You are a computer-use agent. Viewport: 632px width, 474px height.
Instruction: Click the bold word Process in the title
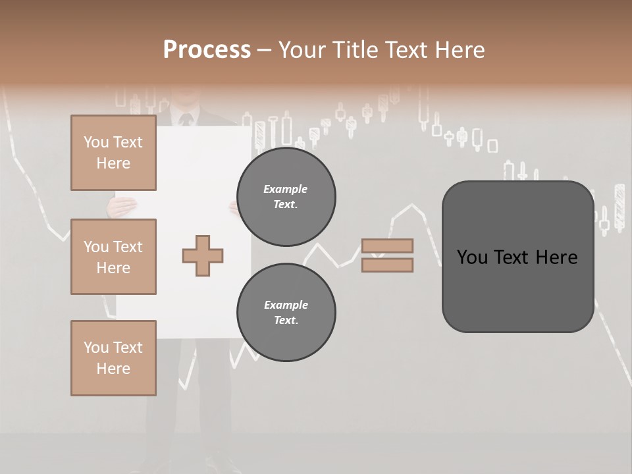pyautogui.click(x=207, y=50)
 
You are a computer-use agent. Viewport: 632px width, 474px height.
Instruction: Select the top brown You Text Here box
pyautogui.click(x=113, y=153)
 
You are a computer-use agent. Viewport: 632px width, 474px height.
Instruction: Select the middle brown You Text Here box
pyautogui.click(x=113, y=257)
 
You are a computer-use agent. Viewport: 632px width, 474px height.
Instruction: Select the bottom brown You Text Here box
pyautogui.click(x=113, y=358)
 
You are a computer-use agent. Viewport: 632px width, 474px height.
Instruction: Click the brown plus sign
pyautogui.click(x=203, y=256)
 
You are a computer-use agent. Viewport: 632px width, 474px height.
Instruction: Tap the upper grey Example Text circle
pyautogui.click(x=286, y=197)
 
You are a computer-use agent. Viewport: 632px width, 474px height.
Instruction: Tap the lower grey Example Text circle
pyautogui.click(x=286, y=313)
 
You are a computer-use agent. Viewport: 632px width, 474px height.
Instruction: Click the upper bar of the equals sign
pyautogui.click(x=387, y=246)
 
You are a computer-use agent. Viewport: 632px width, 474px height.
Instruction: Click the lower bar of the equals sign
pyautogui.click(x=387, y=265)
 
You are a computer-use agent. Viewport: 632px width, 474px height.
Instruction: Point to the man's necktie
pyautogui.click(x=186, y=120)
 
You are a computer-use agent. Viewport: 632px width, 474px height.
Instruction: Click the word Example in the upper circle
pyautogui.click(x=286, y=189)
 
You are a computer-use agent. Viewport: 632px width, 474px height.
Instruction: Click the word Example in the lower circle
pyautogui.click(x=286, y=305)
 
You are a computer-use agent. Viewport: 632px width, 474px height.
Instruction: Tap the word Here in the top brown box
pyautogui.click(x=113, y=163)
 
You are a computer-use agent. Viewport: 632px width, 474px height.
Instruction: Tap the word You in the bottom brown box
pyautogui.click(x=95, y=348)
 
